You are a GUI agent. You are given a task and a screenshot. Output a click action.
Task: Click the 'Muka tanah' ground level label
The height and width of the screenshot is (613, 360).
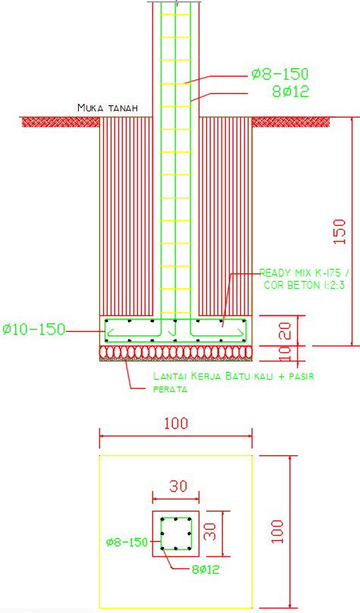click(x=107, y=108)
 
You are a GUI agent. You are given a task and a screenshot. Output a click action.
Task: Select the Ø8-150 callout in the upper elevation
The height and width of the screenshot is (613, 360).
click(x=280, y=74)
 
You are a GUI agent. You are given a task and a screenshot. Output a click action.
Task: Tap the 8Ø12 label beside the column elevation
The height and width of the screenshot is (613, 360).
click(x=291, y=92)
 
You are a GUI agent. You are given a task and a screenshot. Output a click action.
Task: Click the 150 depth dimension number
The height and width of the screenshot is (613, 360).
click(x=340, y=230)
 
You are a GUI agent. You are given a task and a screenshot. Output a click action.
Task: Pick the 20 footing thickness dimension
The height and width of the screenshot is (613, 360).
click(x=284, y=330)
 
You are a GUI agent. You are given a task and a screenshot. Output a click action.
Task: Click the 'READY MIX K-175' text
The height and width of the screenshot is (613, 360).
click(x=304, y=273)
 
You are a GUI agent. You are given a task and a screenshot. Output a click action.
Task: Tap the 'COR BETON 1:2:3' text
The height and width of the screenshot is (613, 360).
click(x=304, y=285)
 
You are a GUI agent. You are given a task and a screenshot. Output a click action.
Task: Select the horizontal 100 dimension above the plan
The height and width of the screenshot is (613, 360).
click(x=175, y=424)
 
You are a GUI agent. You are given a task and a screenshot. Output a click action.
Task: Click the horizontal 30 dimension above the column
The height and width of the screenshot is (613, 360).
click(x=177, y=487)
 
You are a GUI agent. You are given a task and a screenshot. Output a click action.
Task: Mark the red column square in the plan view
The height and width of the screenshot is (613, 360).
click(x=176, y=533)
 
